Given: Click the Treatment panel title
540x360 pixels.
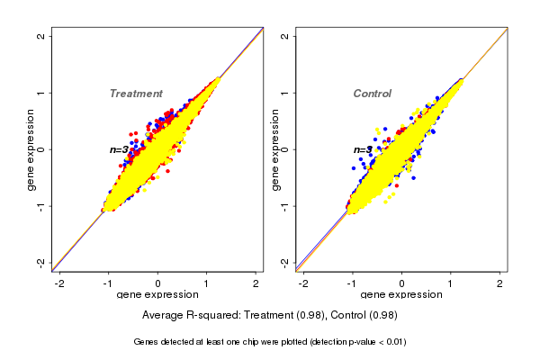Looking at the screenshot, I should pyautogui.click(x=136, y=94).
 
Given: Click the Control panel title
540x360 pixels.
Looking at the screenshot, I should pyautogui.click(x=373, y=94).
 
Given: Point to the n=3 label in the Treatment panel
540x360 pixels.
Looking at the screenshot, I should pyautogui.click(x=120, y=149).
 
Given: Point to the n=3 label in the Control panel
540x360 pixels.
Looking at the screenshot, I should pyautogui.click(x=363, y=149).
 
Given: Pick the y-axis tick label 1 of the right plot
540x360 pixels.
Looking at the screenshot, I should pyautogui.click(x=285, y=93).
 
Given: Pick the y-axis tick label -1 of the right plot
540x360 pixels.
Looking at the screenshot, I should pyautogui.click(x=285, y=206).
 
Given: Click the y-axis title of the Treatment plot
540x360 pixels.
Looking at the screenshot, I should pyautogui.click(x=31, y=149).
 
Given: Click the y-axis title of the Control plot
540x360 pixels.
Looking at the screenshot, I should pyautogui.click(x=274, y=149).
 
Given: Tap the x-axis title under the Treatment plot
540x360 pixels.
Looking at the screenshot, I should pyautogui.click(x=158, y=296).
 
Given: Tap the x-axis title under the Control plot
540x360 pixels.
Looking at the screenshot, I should pyautogui.click(x=401, y=296).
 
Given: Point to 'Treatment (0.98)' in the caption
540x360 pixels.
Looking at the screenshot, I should pyautogui.click(x=283, y=315).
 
